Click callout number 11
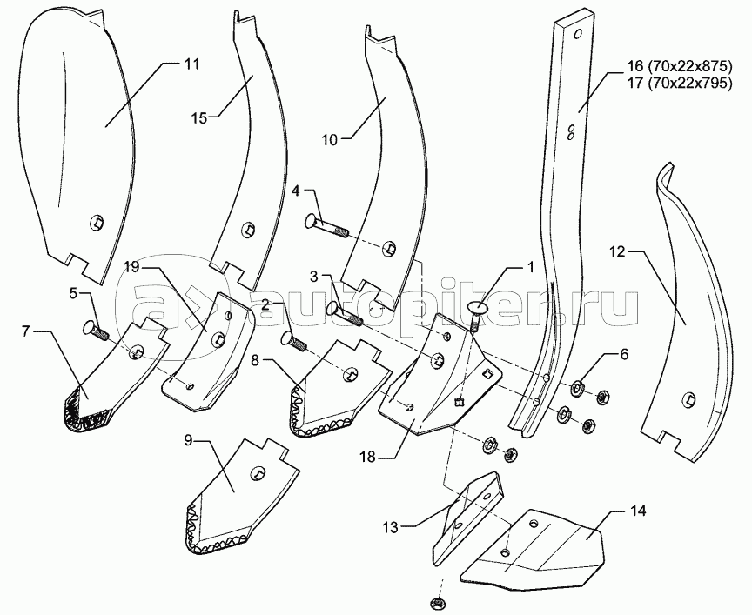tap(191, 64)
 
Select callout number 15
tap(199, 117)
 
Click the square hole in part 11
tap(97, 224)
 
